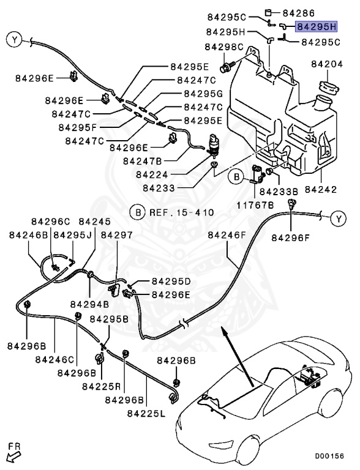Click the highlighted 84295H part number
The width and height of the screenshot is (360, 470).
316,27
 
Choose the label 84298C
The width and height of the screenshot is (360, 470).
224,47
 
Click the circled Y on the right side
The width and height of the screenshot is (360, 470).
339,218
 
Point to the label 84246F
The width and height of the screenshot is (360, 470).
227,235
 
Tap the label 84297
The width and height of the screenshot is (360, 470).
116,235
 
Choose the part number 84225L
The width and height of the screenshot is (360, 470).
147,414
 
